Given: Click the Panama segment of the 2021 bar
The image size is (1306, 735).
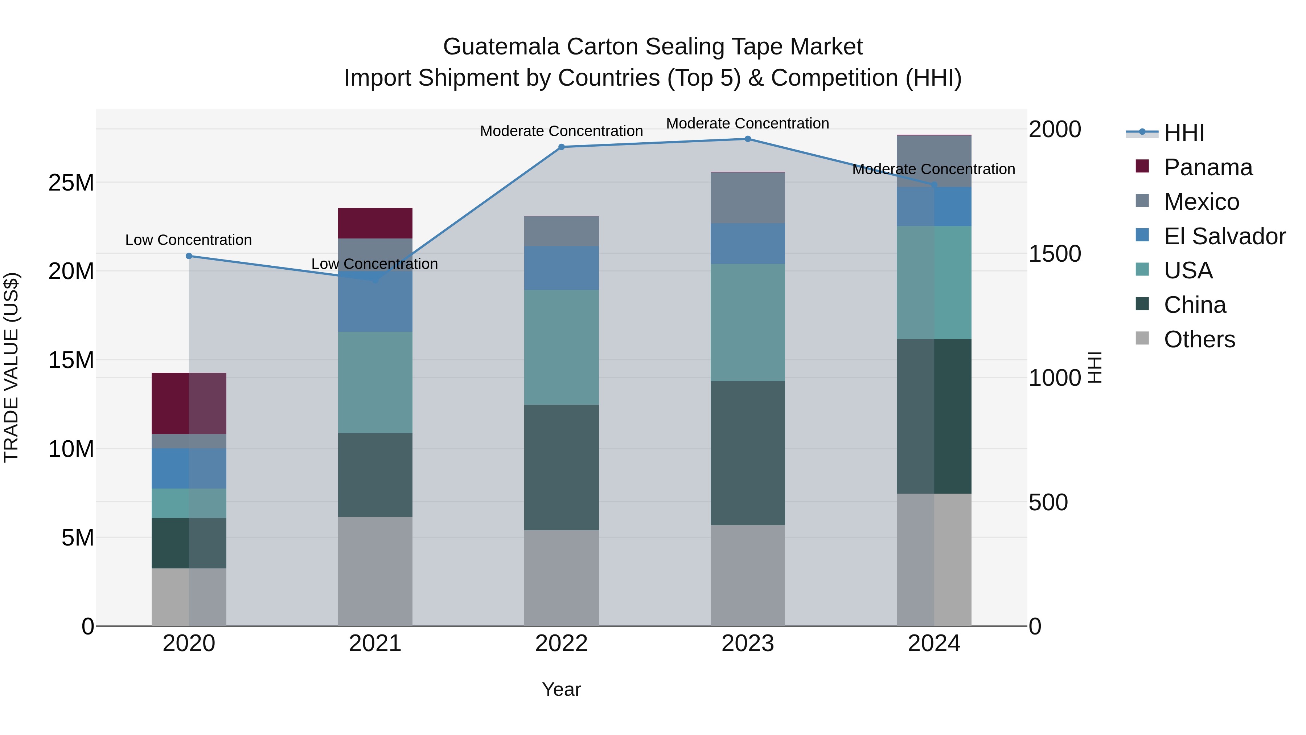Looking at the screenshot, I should click(375, 223).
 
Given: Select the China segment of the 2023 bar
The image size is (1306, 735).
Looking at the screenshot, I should click(747, 453).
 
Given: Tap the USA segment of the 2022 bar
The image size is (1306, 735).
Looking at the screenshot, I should click(561, 347).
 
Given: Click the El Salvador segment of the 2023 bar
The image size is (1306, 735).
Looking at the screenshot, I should click(747, 244).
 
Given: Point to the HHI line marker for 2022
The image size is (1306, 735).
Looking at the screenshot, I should click(561, 147).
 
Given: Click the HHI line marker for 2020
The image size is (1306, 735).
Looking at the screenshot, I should click(189, 256).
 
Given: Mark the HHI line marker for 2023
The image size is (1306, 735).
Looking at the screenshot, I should click(747, 139).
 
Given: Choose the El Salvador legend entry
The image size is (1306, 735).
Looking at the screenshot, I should click(1224, 236).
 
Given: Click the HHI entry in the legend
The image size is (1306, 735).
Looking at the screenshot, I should click(1183, 133).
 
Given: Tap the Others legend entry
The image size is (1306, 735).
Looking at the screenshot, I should click(1199, 339).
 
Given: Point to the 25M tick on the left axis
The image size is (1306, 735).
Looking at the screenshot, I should click(71, 183).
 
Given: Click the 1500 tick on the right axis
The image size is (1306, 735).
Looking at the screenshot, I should click(1055, 254).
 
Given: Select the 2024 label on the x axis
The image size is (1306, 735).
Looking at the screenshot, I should click(933, 644).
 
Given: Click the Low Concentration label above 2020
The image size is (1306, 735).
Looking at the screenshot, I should click(189, 240).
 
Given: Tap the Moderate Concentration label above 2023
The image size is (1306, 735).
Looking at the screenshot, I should click(747, 123).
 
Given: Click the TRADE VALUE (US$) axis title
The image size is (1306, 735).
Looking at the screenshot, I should click(11, 367).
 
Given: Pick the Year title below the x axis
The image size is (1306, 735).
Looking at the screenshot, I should click(561, 689).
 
